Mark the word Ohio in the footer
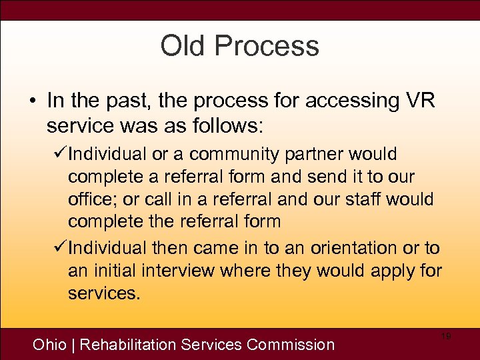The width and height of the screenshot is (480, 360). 50,345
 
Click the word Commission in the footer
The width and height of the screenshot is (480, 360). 290,345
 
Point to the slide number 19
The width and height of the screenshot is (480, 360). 446,337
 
